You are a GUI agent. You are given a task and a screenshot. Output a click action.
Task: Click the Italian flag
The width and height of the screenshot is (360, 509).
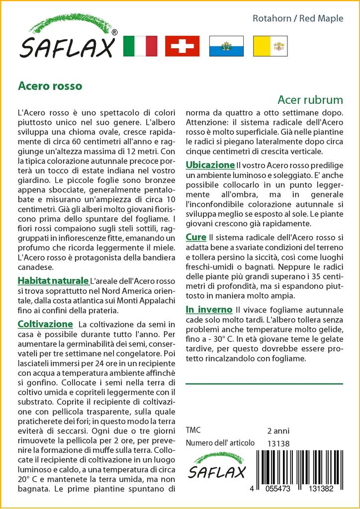click(x=140, y=46)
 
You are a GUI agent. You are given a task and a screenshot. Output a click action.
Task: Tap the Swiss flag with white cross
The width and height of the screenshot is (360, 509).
click(x=182, y=46)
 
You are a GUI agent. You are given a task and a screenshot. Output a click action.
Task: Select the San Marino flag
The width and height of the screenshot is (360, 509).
click(x=226, y=46)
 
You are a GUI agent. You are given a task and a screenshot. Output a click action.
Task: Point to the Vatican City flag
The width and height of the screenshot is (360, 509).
click(x=270, y=46)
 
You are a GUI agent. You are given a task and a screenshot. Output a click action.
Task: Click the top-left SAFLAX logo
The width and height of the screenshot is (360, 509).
click(x=67, y=37)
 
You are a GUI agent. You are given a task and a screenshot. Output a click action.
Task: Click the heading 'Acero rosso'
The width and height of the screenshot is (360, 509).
click(x=50, y=85)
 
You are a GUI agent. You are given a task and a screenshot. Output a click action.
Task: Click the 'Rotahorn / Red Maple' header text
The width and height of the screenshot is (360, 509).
click(x=298, y=19)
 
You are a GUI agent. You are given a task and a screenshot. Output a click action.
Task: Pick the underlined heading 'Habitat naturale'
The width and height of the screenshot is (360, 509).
click(x=53, y=281)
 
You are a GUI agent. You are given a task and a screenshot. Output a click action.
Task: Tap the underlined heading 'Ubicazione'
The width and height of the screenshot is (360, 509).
click(x=210, y=165)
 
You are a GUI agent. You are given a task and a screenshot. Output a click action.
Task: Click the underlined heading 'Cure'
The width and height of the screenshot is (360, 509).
click(x=196, y=238)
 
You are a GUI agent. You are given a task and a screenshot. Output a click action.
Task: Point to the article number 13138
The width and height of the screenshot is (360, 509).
click(x=278, y=443)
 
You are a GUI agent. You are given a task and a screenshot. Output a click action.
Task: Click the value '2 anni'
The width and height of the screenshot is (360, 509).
click(x=278, y=430)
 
